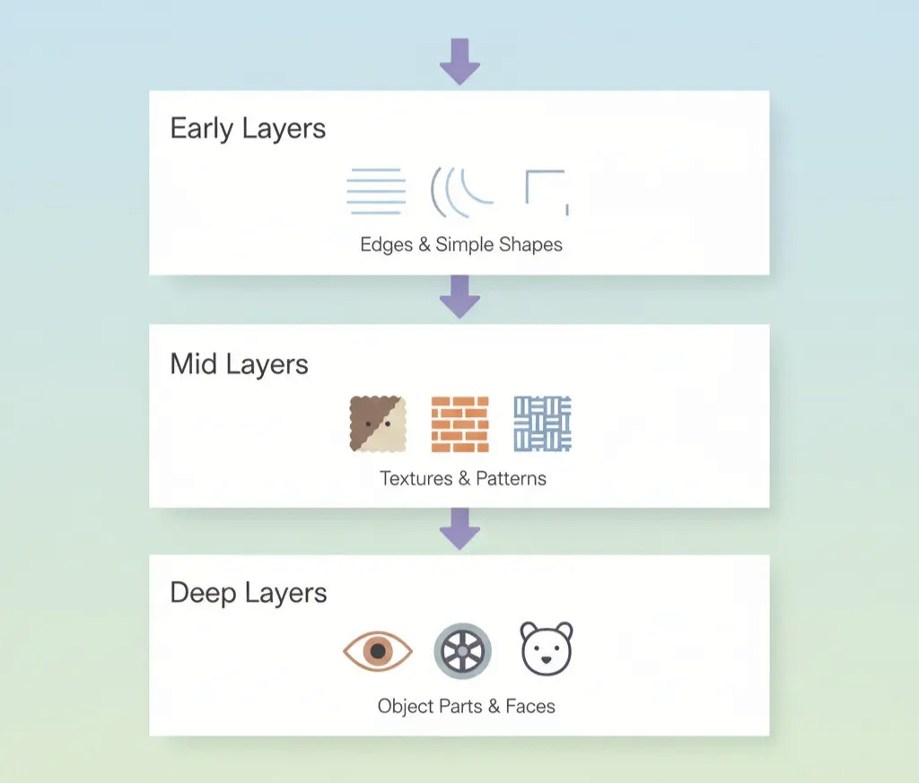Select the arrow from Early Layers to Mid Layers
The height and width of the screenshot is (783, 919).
[459, 296]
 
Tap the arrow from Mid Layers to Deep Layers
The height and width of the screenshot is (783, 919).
[459, 528]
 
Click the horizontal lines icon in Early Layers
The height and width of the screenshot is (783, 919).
[376, 191]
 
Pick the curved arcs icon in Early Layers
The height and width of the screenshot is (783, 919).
[461, 191]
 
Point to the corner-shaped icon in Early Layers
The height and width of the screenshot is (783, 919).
[546, 191]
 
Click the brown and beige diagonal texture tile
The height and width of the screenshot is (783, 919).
[378, 423]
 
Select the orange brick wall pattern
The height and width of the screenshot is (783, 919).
[459, 423]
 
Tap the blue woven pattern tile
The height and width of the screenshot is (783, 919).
[542, 423]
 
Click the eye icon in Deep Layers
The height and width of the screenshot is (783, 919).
[378, 650]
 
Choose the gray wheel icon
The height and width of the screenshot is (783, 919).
[462, 650]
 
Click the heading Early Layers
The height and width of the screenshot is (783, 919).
[248, 128]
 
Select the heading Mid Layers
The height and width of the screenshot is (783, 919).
[239, 364]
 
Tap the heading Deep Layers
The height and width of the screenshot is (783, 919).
[248, 593]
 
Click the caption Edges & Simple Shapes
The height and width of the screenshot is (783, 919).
[461, 244]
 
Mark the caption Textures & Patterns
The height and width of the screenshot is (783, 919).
[462, 478]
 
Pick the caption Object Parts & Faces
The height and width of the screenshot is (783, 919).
[466, 706]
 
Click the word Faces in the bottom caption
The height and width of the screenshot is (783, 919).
[530, 706]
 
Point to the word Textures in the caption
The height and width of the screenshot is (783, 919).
[416, 478]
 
